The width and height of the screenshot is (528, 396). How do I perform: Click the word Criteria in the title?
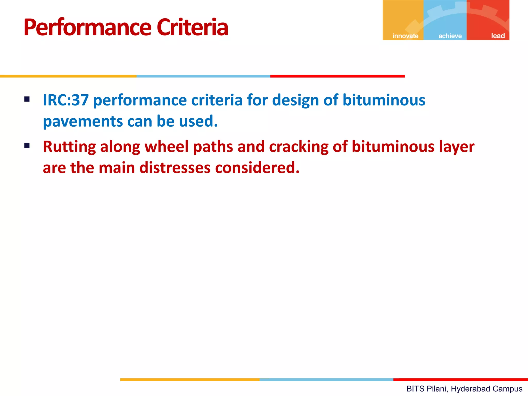(192, 28)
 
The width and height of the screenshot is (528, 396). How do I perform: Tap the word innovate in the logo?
(405, 36)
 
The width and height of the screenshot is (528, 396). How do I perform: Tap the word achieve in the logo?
(450, 36)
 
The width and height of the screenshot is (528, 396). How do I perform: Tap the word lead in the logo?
(498, 36)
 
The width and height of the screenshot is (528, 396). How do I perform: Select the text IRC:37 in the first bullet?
(66, 100)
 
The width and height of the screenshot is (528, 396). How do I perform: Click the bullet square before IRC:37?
(27, 99)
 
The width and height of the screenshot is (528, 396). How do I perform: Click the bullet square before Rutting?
(27, 146)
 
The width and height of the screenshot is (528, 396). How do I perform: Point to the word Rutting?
(69, 147)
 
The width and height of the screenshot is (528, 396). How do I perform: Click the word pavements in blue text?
(83, 122)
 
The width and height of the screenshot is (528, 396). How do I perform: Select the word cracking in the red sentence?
(299, 147)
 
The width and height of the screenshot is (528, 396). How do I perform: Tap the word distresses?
(175, 168)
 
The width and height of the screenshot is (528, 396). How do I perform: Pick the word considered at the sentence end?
(257, 168)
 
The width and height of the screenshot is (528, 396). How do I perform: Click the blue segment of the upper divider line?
(203, 76)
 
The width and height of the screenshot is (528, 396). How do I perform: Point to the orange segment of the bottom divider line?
(190, 379)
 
